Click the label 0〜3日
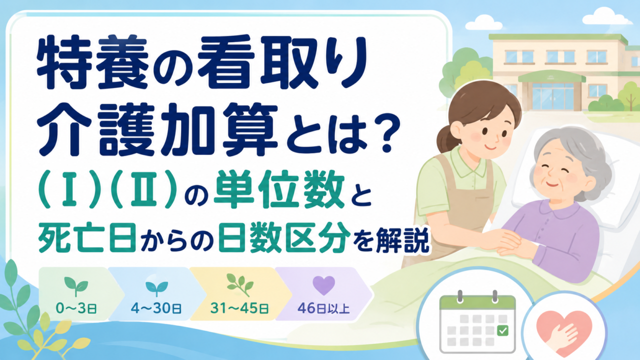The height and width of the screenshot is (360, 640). click(76, 308)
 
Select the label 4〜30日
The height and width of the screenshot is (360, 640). click(156, 308)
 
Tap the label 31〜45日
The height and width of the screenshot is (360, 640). click(239, 308)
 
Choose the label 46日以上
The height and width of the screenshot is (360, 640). click(323, 308)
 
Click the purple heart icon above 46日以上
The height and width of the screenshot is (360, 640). click(323, 285)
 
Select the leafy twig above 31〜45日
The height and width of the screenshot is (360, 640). click(240, 285)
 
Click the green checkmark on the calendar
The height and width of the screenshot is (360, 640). click(502, 330)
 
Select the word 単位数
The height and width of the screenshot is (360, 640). click(279, 191)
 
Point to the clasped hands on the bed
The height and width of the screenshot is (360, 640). click(511, 243)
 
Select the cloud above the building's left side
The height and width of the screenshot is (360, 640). click(483, 23)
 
